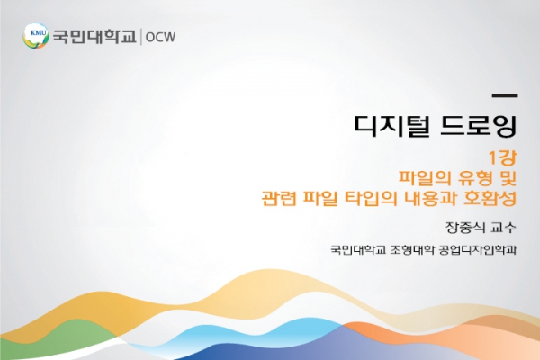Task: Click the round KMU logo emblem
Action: pos(36,36)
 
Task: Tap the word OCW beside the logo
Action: pos(160,37)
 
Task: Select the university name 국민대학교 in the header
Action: pos(94,37)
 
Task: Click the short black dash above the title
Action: pos(505,96)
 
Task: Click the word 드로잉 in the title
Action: pos(479,126)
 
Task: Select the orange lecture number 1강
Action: pos(503,157)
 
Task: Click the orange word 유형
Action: pos(474,178)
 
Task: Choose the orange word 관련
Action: pos(279,198)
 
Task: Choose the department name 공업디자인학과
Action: pos(479,249)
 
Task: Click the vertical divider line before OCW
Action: pos(141,37)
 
